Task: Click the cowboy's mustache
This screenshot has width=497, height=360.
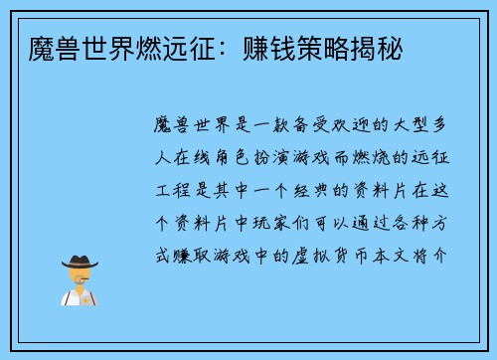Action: [x=80, y=281]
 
